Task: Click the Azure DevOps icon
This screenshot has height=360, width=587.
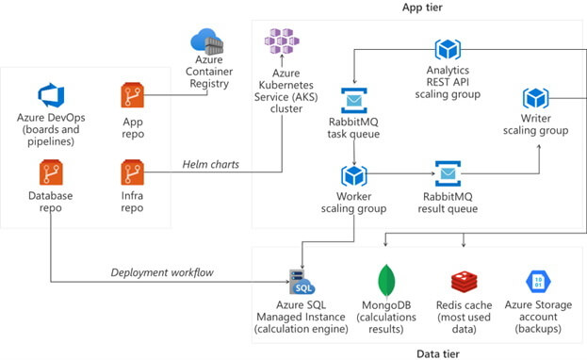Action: [50, 95]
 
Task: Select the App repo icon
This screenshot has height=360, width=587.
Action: [132, 95]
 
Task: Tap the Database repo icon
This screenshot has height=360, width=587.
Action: [50, 172]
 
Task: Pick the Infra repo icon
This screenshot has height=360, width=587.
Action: [132, 172]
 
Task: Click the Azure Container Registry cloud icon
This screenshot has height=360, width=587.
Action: [208, 43]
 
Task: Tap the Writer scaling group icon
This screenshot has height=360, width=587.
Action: [536, 98]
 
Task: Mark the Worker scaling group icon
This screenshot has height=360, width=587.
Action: [353, 174]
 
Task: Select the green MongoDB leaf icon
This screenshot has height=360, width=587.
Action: [384, 279]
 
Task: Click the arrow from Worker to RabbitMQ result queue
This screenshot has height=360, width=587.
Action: [399, 174]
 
